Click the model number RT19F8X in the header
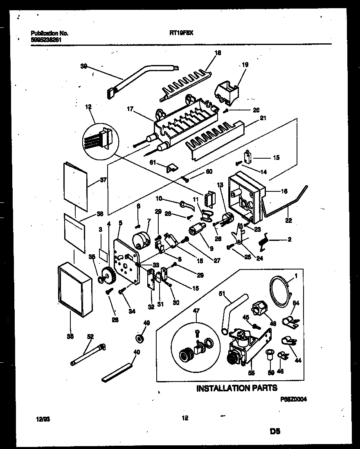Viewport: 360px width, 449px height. pyautogui.click(x=181, y=34)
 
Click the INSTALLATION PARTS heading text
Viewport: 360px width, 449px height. pyautogui.click(x=237, y=388)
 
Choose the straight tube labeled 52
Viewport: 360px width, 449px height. pyautogui.click(x=88, y=354)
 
